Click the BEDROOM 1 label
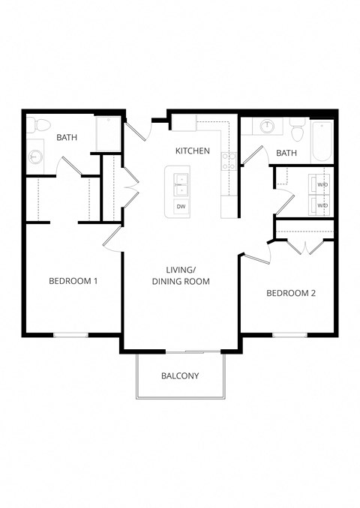(73, 281)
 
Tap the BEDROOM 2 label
(291, 293)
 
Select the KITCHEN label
(192, 151)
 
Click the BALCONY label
(180, 375)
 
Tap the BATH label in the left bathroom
(67, 136)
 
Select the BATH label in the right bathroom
(286, 153)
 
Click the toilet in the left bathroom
(40, 124)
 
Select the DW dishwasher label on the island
(181, 206)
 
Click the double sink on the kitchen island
(181, 181)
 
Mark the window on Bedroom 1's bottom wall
(71, 334)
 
